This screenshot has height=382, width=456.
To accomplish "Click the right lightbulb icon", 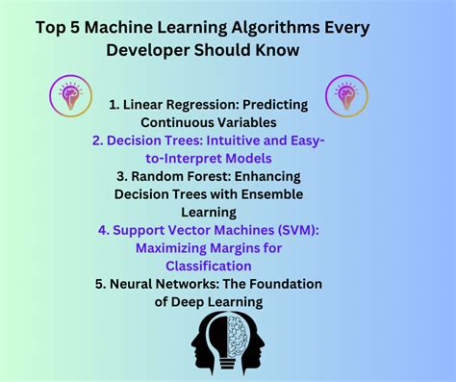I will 345,95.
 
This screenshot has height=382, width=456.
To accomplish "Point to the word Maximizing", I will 179,248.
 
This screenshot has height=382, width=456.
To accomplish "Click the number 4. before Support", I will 104,230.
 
